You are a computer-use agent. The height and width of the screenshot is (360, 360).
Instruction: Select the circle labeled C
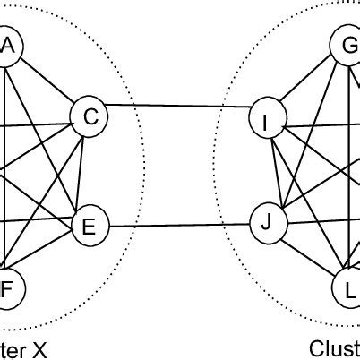[x=90, y=115]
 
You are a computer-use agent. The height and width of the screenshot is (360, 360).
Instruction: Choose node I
[x=265, y=120]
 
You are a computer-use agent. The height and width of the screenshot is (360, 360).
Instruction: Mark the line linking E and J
[x=177, y=224]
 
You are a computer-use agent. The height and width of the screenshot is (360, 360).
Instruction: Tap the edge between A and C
[x=48, y=81]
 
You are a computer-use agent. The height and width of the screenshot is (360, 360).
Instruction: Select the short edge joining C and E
[x=90, y=170]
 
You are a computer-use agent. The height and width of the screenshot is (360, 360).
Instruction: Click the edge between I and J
[x=265, y=169]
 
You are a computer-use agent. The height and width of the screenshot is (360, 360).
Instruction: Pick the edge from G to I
[x=306, y=82]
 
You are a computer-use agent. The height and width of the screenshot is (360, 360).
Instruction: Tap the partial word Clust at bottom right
[x=335, y=347]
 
